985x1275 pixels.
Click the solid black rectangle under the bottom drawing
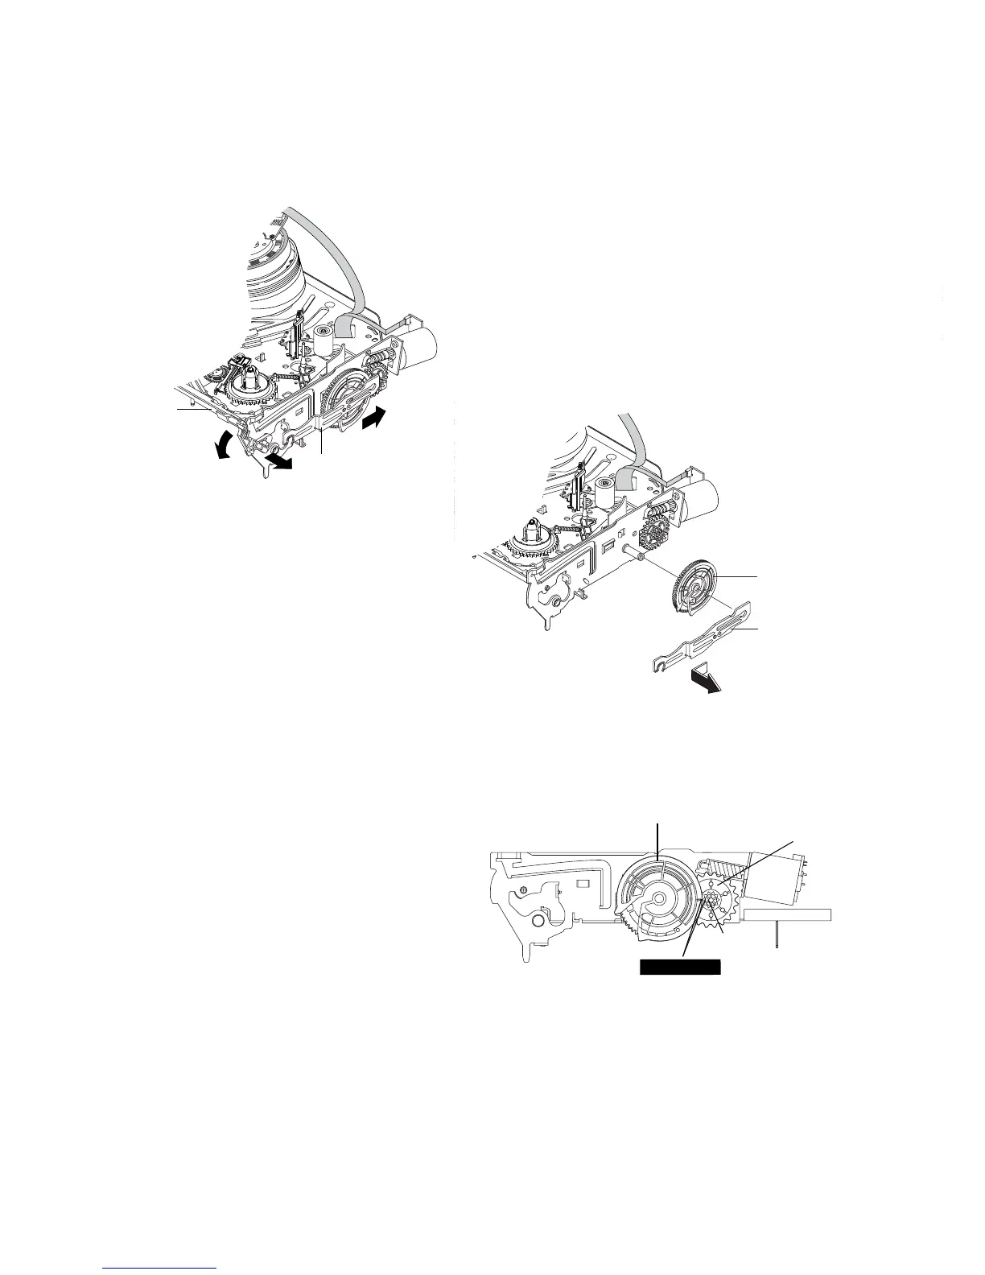(x=679, y=967)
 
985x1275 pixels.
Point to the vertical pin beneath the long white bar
(x=777, y=937)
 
